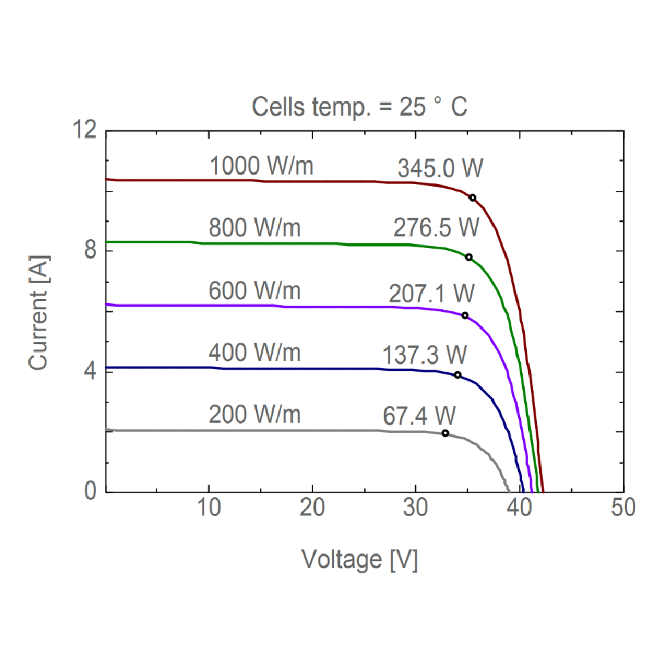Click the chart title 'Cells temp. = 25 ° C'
pos(360,106)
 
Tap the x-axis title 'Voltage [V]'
pos(360,559)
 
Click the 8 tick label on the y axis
pos(89,250)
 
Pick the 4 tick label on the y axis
pos(89,371)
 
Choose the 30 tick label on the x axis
pos(416,509)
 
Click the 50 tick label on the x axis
pos(623,509)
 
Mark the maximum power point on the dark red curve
pos(472,198)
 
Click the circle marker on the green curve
pos(468,257)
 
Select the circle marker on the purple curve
pos(464,316)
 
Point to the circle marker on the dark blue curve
pos(458,375)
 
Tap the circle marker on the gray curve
pos(445,433)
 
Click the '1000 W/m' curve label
pos(261,166)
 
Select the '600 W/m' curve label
pos(255,292)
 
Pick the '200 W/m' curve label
pos(255,415)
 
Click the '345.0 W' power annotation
pos(440,168)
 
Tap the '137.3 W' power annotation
pos(425,354)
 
